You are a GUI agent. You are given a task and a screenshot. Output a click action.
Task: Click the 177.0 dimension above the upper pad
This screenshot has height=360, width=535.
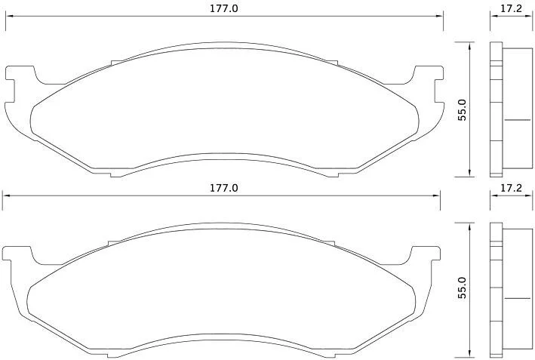coord(224,8)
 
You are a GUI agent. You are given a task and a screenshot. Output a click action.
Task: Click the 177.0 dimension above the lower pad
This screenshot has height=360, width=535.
coord(224,188)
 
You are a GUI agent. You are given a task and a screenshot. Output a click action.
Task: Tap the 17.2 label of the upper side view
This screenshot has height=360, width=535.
coord(511,8)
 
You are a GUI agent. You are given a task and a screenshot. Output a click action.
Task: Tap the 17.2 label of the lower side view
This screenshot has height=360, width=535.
coord(511,188)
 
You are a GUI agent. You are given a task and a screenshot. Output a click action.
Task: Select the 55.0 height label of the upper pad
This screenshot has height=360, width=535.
coord(463,110)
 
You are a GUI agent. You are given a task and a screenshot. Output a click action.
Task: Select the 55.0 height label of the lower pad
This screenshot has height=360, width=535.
coord(463,288)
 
